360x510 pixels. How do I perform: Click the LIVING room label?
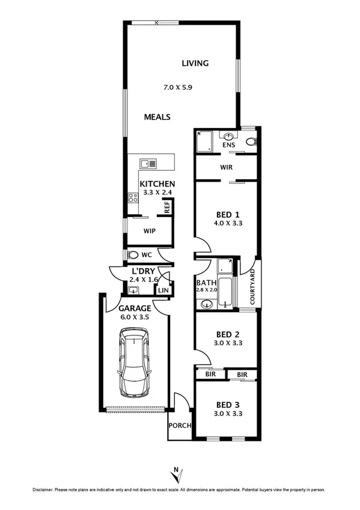(195, 63)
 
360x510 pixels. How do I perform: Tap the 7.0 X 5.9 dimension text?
(178, 88)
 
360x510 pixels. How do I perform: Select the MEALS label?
(157, 117)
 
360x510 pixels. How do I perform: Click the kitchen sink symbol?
(148, 163)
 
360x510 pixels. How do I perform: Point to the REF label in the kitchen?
(168, 207)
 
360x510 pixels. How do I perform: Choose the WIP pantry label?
(150, 231)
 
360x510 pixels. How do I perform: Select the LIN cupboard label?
(162, 291)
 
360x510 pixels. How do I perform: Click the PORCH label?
(180, 426)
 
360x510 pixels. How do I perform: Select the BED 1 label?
(228, 214)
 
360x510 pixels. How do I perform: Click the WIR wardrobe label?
(227, 167)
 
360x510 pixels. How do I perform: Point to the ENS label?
(228, 146)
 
